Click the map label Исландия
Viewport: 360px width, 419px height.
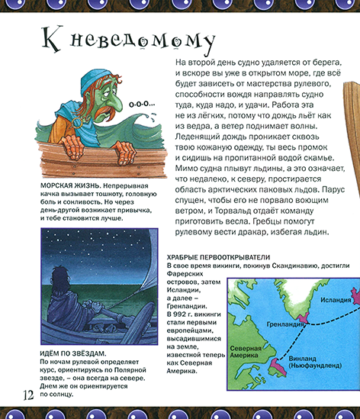(336, 298)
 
